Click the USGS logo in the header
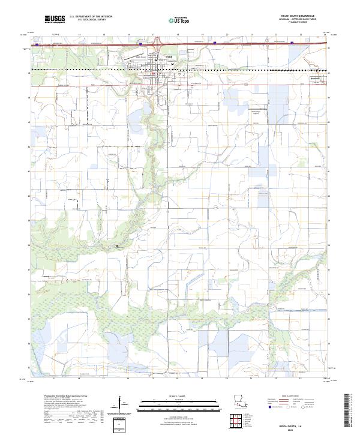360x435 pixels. coord(55,19)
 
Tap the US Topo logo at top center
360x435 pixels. coord(180,19)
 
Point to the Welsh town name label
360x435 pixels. coord(168,57)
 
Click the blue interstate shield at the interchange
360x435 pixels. coord(140,44)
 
